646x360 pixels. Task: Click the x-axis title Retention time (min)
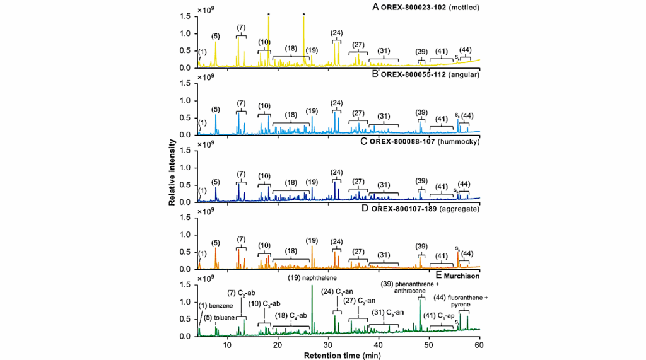[339, 355]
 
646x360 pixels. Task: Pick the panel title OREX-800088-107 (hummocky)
[428, 142]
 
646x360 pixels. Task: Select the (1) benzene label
[216, 306]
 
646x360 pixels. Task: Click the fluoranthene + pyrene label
[464, 300]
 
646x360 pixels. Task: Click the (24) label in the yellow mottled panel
[336, 33]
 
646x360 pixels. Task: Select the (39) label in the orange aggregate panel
[421, 246]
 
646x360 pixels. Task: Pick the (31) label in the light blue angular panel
[384, 116]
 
